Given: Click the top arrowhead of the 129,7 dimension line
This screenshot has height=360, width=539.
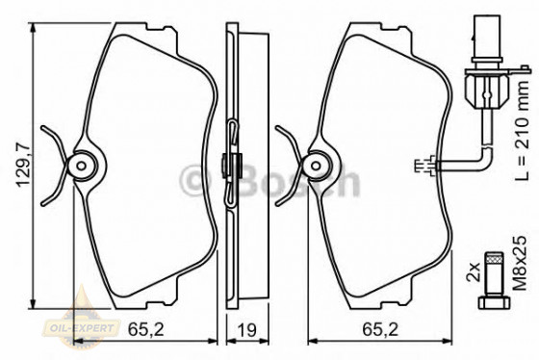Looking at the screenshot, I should pyautogui.click(x=36, y=23).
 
